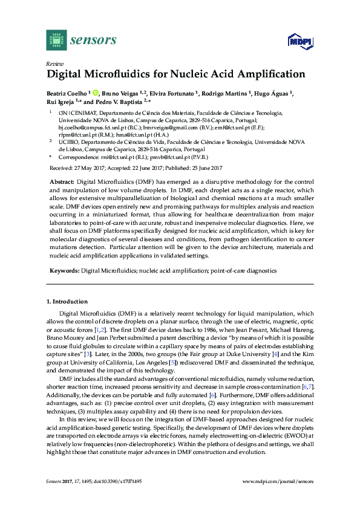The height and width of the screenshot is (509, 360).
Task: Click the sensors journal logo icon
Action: click(56, 40)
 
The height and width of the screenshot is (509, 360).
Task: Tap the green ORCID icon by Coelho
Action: click(95, 93)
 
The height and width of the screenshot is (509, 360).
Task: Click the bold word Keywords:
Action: click(64, 271)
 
